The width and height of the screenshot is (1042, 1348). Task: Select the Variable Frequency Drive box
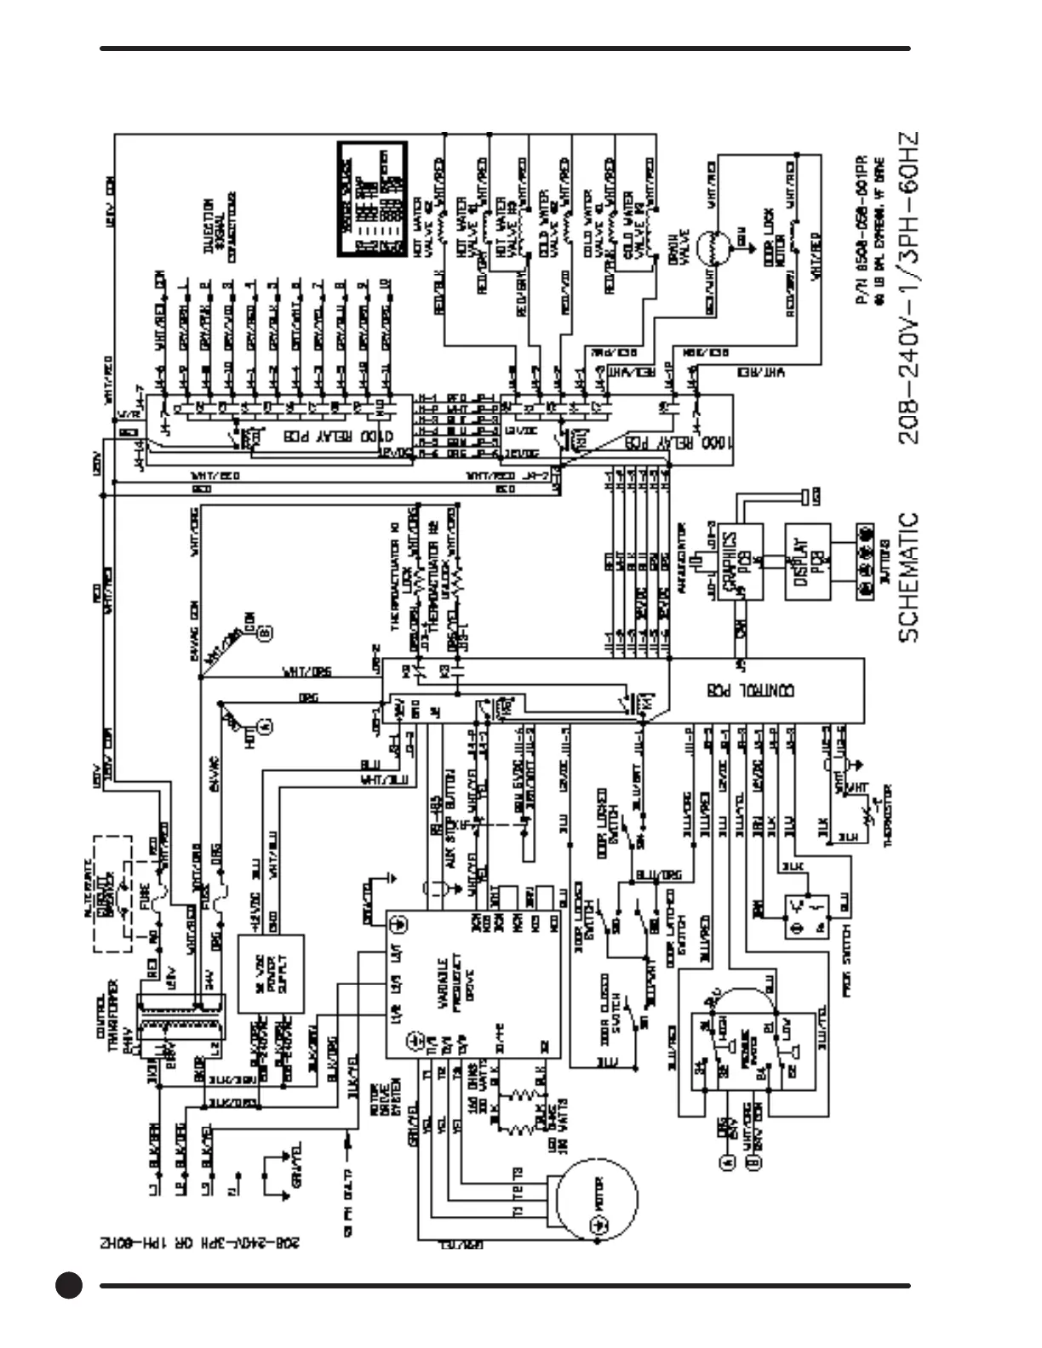473,984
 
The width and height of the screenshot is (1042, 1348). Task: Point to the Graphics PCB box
739,562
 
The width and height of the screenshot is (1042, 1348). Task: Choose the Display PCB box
807,562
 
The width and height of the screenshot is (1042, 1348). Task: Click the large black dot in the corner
69,1285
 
